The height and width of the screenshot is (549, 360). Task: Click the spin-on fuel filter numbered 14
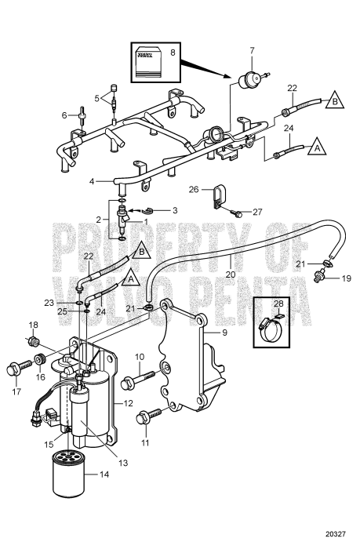68,474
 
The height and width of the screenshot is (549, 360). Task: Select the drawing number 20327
336,534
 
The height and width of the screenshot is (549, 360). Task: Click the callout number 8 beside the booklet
173,53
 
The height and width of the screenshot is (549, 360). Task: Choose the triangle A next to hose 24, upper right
318,147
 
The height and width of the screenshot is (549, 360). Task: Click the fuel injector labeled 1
122,220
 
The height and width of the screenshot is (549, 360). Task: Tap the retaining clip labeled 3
149,210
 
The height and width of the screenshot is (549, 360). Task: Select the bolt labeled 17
19,369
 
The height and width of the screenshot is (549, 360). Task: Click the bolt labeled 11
148,416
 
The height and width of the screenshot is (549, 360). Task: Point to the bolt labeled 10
137,379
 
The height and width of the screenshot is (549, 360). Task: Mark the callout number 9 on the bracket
224,332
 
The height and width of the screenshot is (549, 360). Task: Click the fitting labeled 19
320,275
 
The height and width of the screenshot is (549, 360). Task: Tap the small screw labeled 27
237,213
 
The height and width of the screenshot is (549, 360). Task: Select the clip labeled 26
219,196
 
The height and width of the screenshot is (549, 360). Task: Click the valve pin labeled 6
82,115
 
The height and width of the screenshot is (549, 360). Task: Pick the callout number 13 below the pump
123,463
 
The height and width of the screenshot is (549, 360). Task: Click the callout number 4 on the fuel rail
92,181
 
